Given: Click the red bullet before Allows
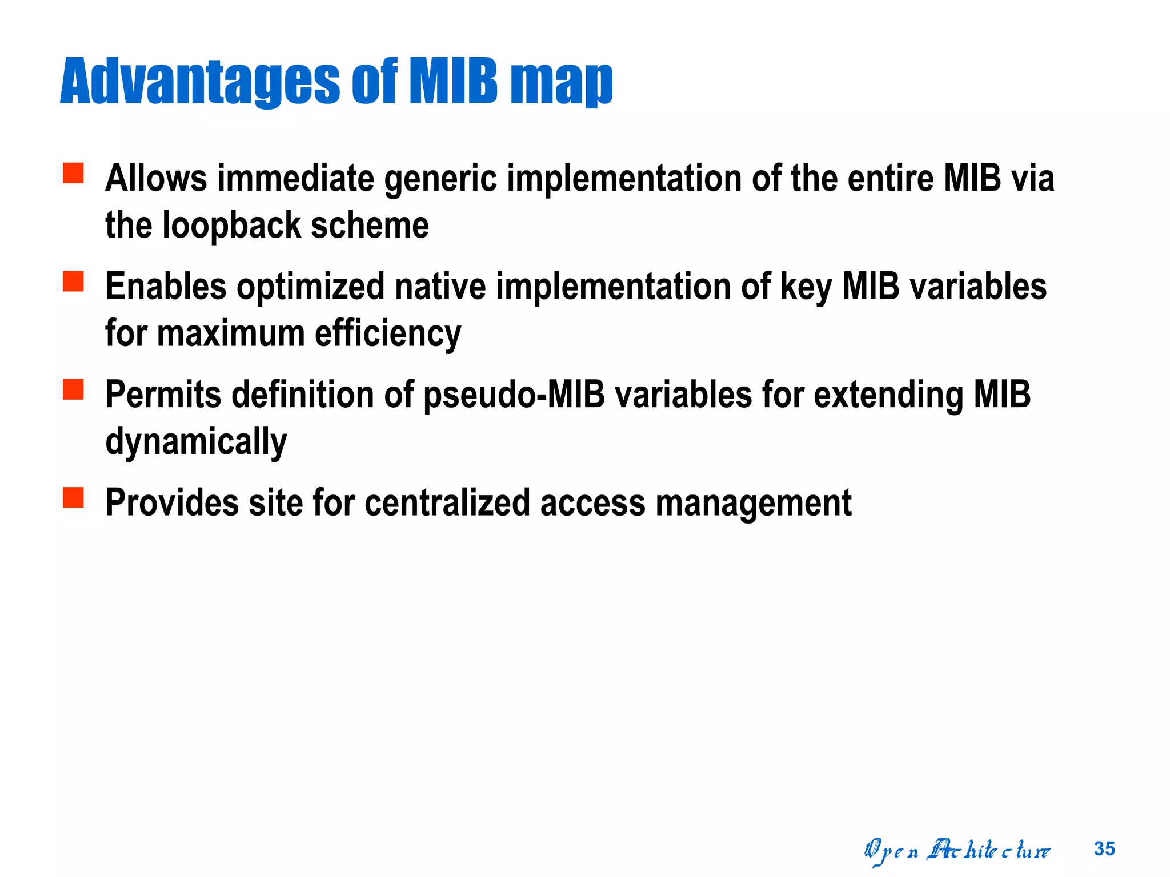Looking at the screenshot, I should (x=73, y=173).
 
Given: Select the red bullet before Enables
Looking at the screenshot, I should (x=73, y=281).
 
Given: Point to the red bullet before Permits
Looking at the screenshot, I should (x=73, y=389).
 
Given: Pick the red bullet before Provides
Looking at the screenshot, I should (x=73, y=497).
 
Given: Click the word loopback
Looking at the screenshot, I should (x=231, y=225).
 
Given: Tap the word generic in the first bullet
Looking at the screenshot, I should (x=440, y=179).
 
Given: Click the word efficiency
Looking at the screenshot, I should (x=388, y=334).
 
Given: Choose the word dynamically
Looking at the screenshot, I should (x=196, y=442).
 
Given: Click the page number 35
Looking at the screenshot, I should (x=1104, y=849).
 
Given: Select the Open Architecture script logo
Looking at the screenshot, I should (x=956, y=851).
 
